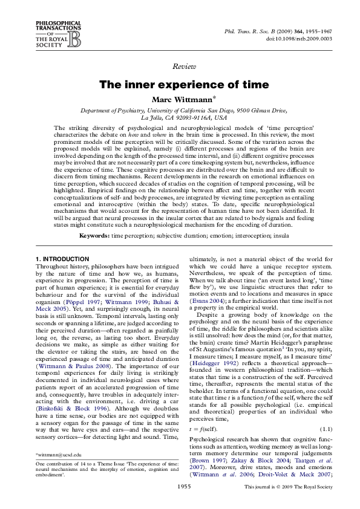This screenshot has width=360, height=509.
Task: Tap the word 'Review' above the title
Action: (x=180, y=65)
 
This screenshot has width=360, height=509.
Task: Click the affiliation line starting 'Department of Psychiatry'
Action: (x=180, y=111)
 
